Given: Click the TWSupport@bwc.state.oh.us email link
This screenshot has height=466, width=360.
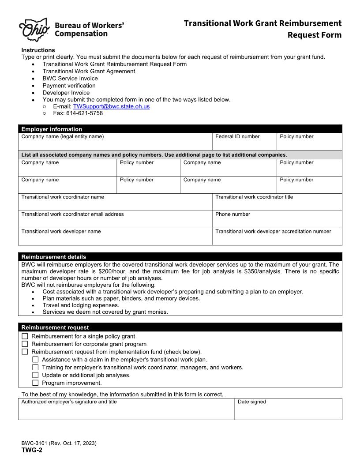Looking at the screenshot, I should pos(111,106).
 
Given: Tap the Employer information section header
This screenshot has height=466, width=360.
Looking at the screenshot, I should pos(180,129).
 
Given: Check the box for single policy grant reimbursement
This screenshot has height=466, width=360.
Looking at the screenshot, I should pos(25,336).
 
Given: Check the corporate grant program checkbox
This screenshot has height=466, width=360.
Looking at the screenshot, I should pos(25,344).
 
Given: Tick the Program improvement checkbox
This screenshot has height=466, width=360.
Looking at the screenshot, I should pos(35,383).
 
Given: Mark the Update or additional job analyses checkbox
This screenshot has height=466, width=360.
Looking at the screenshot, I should pos(35,375).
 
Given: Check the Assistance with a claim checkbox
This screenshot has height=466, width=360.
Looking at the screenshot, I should pos(35,360).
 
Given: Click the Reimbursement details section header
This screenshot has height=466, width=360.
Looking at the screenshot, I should pos(180,256).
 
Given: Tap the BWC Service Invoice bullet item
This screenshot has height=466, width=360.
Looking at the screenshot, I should pos(70,78).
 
